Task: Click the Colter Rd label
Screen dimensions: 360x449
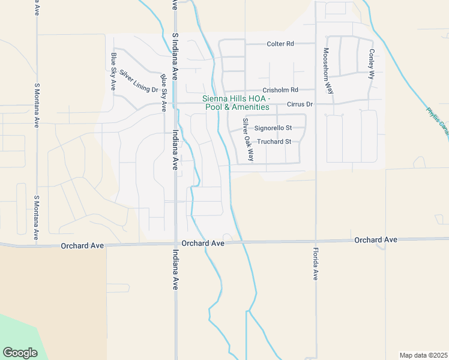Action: (x=281, y=44)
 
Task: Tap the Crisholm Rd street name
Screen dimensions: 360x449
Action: (x=280, y=90)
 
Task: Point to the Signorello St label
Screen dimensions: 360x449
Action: (x=273, y=128)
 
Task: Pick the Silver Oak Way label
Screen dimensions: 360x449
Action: (x=248, y=140)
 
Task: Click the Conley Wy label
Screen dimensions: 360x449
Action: (x=372, y=64)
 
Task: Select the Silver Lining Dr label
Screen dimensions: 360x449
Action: (x=138, y=82)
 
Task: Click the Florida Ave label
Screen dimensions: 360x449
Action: (x=315, y=264)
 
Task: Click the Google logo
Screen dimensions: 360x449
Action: (x=20, y=352)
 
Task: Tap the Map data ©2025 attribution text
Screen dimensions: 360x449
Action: (x=423, y=355)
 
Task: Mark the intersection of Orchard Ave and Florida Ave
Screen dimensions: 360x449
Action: (x=315, y=241)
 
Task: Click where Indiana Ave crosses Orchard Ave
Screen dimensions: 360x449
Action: (x=175, y=243)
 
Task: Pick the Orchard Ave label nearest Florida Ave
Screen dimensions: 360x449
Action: (x=376, y=240)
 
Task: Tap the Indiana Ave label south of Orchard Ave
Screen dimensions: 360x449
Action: (x=175, y=270)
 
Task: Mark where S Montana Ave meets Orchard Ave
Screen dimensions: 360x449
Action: (x=37, y=244)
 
